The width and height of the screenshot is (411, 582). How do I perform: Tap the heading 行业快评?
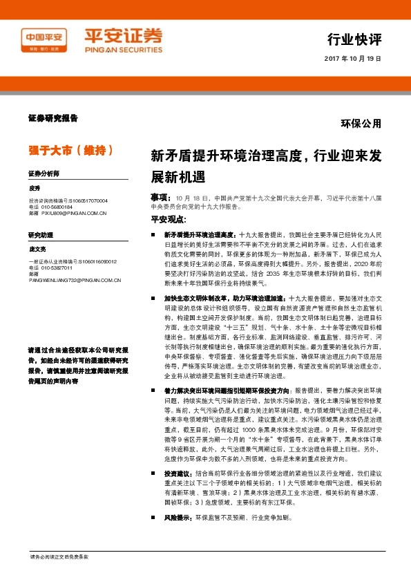click(x=354, y=37)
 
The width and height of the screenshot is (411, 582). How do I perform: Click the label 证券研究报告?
click(x=53, y=118)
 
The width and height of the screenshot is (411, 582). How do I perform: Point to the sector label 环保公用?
click(x=361, y=124)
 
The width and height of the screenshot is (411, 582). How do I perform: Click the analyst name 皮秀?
click(x=35, y=188)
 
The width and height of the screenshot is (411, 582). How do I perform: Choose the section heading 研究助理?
click(x=41, y=235)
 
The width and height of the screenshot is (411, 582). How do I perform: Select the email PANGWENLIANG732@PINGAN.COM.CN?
click(x=75, y=280)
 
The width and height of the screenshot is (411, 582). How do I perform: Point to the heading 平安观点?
click(x=168, y=220)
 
